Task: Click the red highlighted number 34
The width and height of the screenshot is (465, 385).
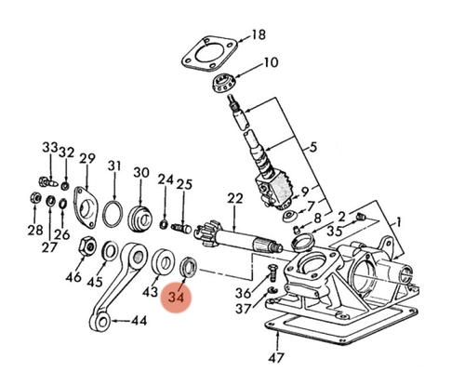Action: [x=176, y=298]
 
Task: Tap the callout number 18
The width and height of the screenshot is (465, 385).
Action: [x=259, y=34]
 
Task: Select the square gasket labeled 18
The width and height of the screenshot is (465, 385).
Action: [x=209, y=55]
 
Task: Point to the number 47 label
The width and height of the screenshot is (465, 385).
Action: [x=275, y=358]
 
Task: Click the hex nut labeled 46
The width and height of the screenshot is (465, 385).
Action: [x=87, y=246]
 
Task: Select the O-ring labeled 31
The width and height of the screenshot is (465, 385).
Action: [x=113, y=214]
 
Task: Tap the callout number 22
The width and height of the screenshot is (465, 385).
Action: [x=234, y=199]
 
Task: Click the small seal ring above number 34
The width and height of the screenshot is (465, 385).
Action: [x=189, y=266]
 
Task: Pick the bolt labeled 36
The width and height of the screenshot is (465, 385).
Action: [x=272, y=272]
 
